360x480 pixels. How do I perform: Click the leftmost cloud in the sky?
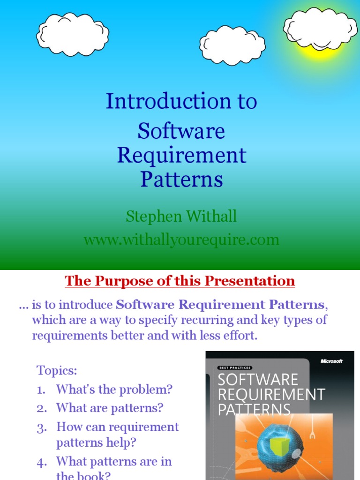click(73, 34)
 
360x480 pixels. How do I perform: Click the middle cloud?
click(232, 45)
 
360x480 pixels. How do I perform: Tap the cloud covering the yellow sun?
click(320, 28)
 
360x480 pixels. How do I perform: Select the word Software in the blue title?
click(181, 131)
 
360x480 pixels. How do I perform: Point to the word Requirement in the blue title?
click(181, 155)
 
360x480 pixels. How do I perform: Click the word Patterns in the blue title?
click(181, 179)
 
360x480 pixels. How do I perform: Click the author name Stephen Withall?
click(181, 217)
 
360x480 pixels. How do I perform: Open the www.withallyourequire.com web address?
click(181, 240)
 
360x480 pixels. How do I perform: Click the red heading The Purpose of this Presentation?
click(180, 281)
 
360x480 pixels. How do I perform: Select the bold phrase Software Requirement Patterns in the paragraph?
click(220, 305)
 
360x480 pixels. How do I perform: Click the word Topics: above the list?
click(57, 371)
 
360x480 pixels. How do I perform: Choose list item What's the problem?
click(114, 389)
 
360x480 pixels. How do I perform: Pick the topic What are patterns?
click(110, 408)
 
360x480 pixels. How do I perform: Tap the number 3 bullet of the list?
click(41, 427)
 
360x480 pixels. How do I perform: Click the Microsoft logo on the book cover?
click(331, 361)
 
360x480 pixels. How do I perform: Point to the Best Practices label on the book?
click(235, 368)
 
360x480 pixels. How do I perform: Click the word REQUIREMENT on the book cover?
click(271, 394)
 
